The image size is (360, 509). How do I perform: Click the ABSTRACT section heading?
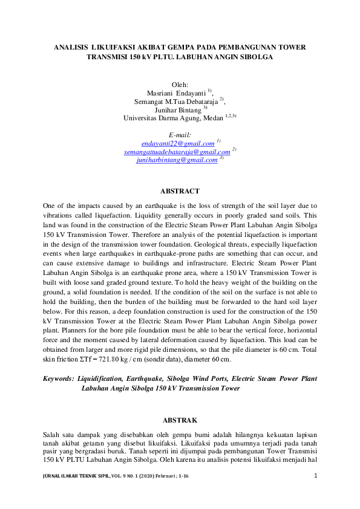tap(180, 191)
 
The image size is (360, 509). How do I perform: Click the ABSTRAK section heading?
tap(180, 420)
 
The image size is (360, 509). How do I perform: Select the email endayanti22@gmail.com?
tap(178, 144)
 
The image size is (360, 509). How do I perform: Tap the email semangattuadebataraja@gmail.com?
tap(177, 152)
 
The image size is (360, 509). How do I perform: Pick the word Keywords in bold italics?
tap(59, 379)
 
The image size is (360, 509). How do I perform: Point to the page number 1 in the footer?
tap(316, 476)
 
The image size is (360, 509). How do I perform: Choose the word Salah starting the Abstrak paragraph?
tap(52, 435)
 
